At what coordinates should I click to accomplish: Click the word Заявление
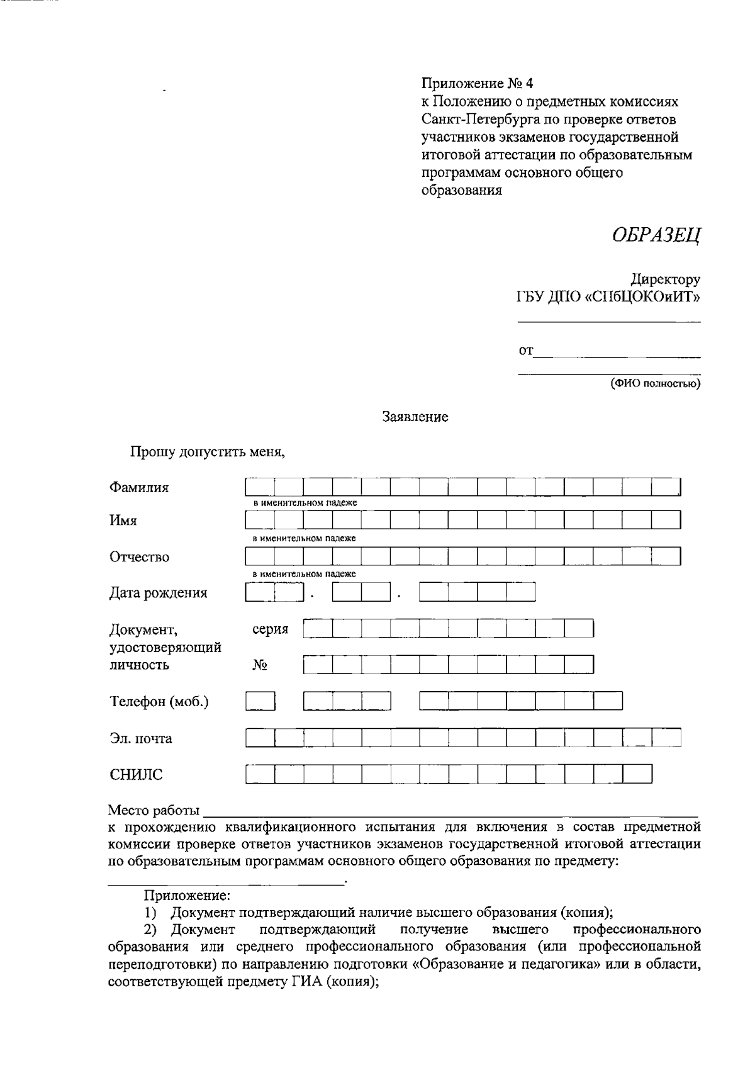[415, 417]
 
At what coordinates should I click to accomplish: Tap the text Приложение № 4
[477, 83]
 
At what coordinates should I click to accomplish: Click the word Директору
[666, 279]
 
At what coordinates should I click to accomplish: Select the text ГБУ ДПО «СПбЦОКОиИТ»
[608, 297]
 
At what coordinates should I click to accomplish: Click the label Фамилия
[139, 487]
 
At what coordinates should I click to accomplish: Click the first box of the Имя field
[260, 520]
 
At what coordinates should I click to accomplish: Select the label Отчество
[139, 556]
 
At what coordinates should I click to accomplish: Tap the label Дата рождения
[158, 592]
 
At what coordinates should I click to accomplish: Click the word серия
[270, 629]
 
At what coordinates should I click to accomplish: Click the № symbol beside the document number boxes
[259, 665]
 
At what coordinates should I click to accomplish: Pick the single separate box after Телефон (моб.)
[260, 701]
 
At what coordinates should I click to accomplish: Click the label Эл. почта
[141, 738]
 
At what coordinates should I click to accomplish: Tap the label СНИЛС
[136, 775]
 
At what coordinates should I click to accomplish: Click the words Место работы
[154, 809]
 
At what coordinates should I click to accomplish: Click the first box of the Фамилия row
[260, 487]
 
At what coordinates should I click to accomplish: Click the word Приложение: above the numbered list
[187, 894]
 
